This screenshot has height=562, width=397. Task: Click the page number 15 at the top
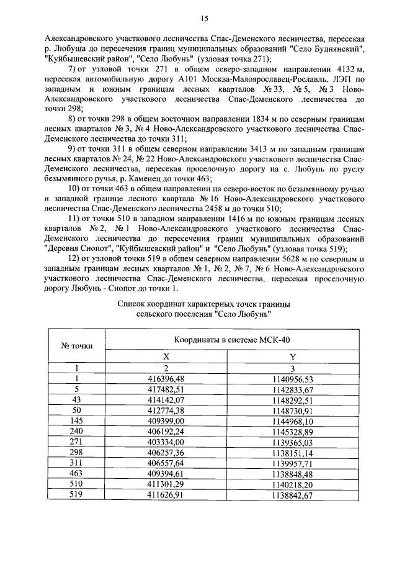pyautogui.click(x=203, y=19)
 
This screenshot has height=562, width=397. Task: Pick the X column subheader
pyautogui.click(x=166, y=357)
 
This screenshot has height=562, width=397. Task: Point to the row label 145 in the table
pyautogui.click(x=77, y=420)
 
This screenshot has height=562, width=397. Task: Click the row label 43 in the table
pyautogui.click(x=77, y=399)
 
